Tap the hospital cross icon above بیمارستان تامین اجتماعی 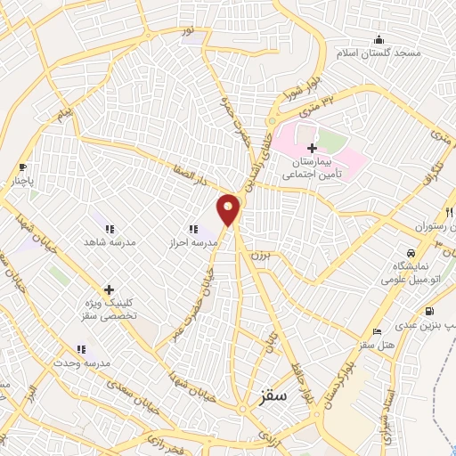point(311,148)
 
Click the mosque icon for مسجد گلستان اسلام point(379,39)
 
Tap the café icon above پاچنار point(23,167)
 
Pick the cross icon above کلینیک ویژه point(109,289)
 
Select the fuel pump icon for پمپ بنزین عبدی point(430,312)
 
